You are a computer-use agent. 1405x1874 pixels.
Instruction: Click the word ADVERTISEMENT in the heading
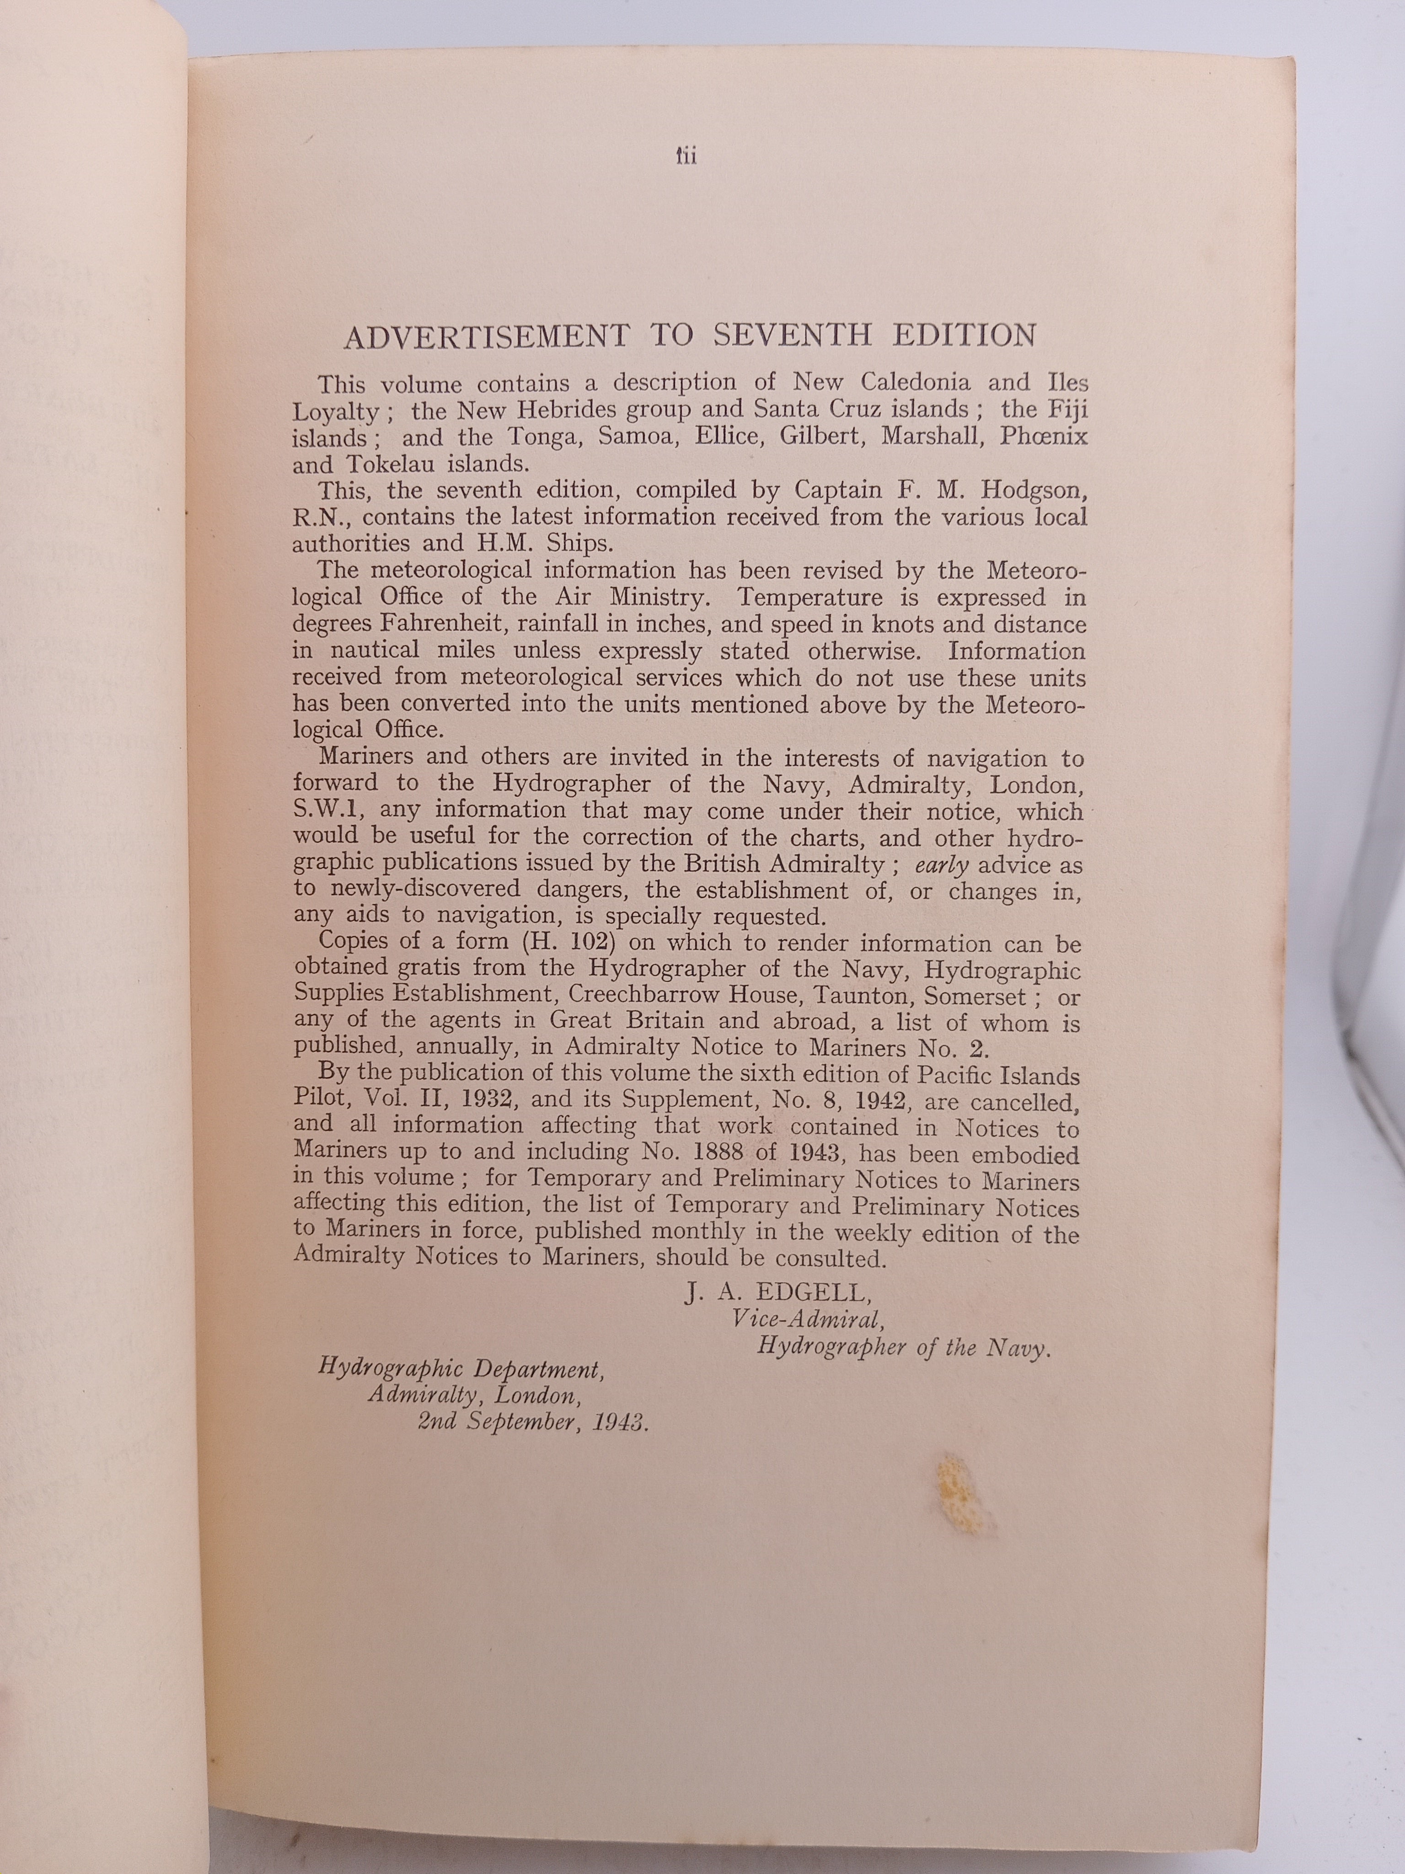[x=486, y=336]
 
